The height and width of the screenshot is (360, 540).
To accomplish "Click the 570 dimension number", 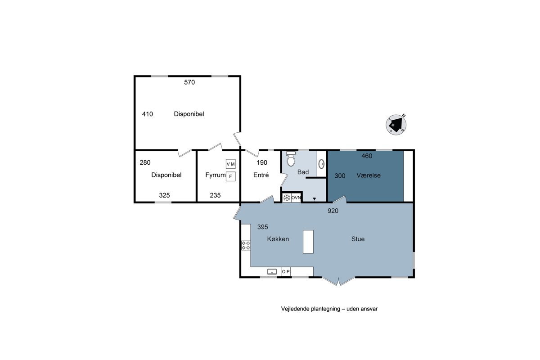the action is (189, 82).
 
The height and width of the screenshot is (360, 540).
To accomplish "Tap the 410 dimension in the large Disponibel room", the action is (147, 114).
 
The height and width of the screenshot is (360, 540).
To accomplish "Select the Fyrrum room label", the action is (215, 175).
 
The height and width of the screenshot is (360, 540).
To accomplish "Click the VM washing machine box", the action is (231, 164).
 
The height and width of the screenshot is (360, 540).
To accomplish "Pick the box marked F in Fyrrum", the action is (231, 176).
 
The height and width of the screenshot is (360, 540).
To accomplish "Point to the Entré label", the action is (261, 175).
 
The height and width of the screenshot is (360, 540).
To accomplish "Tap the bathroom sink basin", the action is (321, 164).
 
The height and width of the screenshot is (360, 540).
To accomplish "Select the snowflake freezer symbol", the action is (287, 198).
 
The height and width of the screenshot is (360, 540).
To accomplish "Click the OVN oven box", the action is (296, 198).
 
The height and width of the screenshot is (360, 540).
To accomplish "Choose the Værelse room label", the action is (369, 175).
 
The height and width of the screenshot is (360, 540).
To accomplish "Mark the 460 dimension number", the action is (367, 156).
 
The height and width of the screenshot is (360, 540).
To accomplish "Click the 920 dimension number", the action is (333, 211).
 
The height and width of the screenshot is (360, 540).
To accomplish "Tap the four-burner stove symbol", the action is (246, 245).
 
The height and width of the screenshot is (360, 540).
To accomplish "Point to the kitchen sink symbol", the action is (272, 272).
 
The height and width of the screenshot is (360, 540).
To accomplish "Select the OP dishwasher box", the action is (286, 271).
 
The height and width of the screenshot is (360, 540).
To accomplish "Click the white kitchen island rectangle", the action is (308, 242).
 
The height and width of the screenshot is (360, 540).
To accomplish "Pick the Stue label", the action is (358, 239).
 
